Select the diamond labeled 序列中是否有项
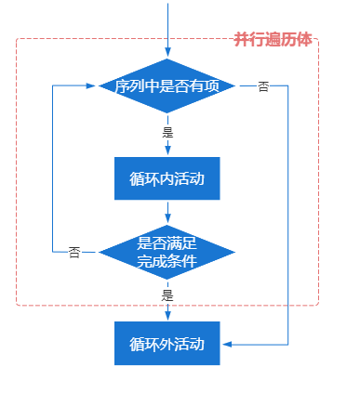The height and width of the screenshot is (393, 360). tap(167, 85)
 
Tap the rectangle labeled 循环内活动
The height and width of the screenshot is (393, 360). tap(167, 177)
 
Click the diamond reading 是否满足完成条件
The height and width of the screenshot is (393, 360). tap(167, 251)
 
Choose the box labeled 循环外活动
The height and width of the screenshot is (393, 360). tap(167, 344)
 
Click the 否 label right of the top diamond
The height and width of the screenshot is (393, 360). tap(263, 86)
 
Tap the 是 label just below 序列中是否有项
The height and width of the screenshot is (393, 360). tap(167, 132)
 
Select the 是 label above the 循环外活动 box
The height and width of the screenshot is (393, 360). tap(167, 295)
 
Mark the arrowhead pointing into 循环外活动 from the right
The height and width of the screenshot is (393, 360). tap(226, 344)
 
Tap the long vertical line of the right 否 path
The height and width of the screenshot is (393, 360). tap(289, 214)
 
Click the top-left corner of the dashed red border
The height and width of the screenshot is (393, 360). tap(18, 40)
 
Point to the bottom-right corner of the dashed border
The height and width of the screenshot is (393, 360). tap(317, 304)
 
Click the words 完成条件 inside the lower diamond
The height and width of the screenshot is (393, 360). tap(167, 259)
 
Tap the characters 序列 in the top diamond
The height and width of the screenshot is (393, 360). tap(127, 86)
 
